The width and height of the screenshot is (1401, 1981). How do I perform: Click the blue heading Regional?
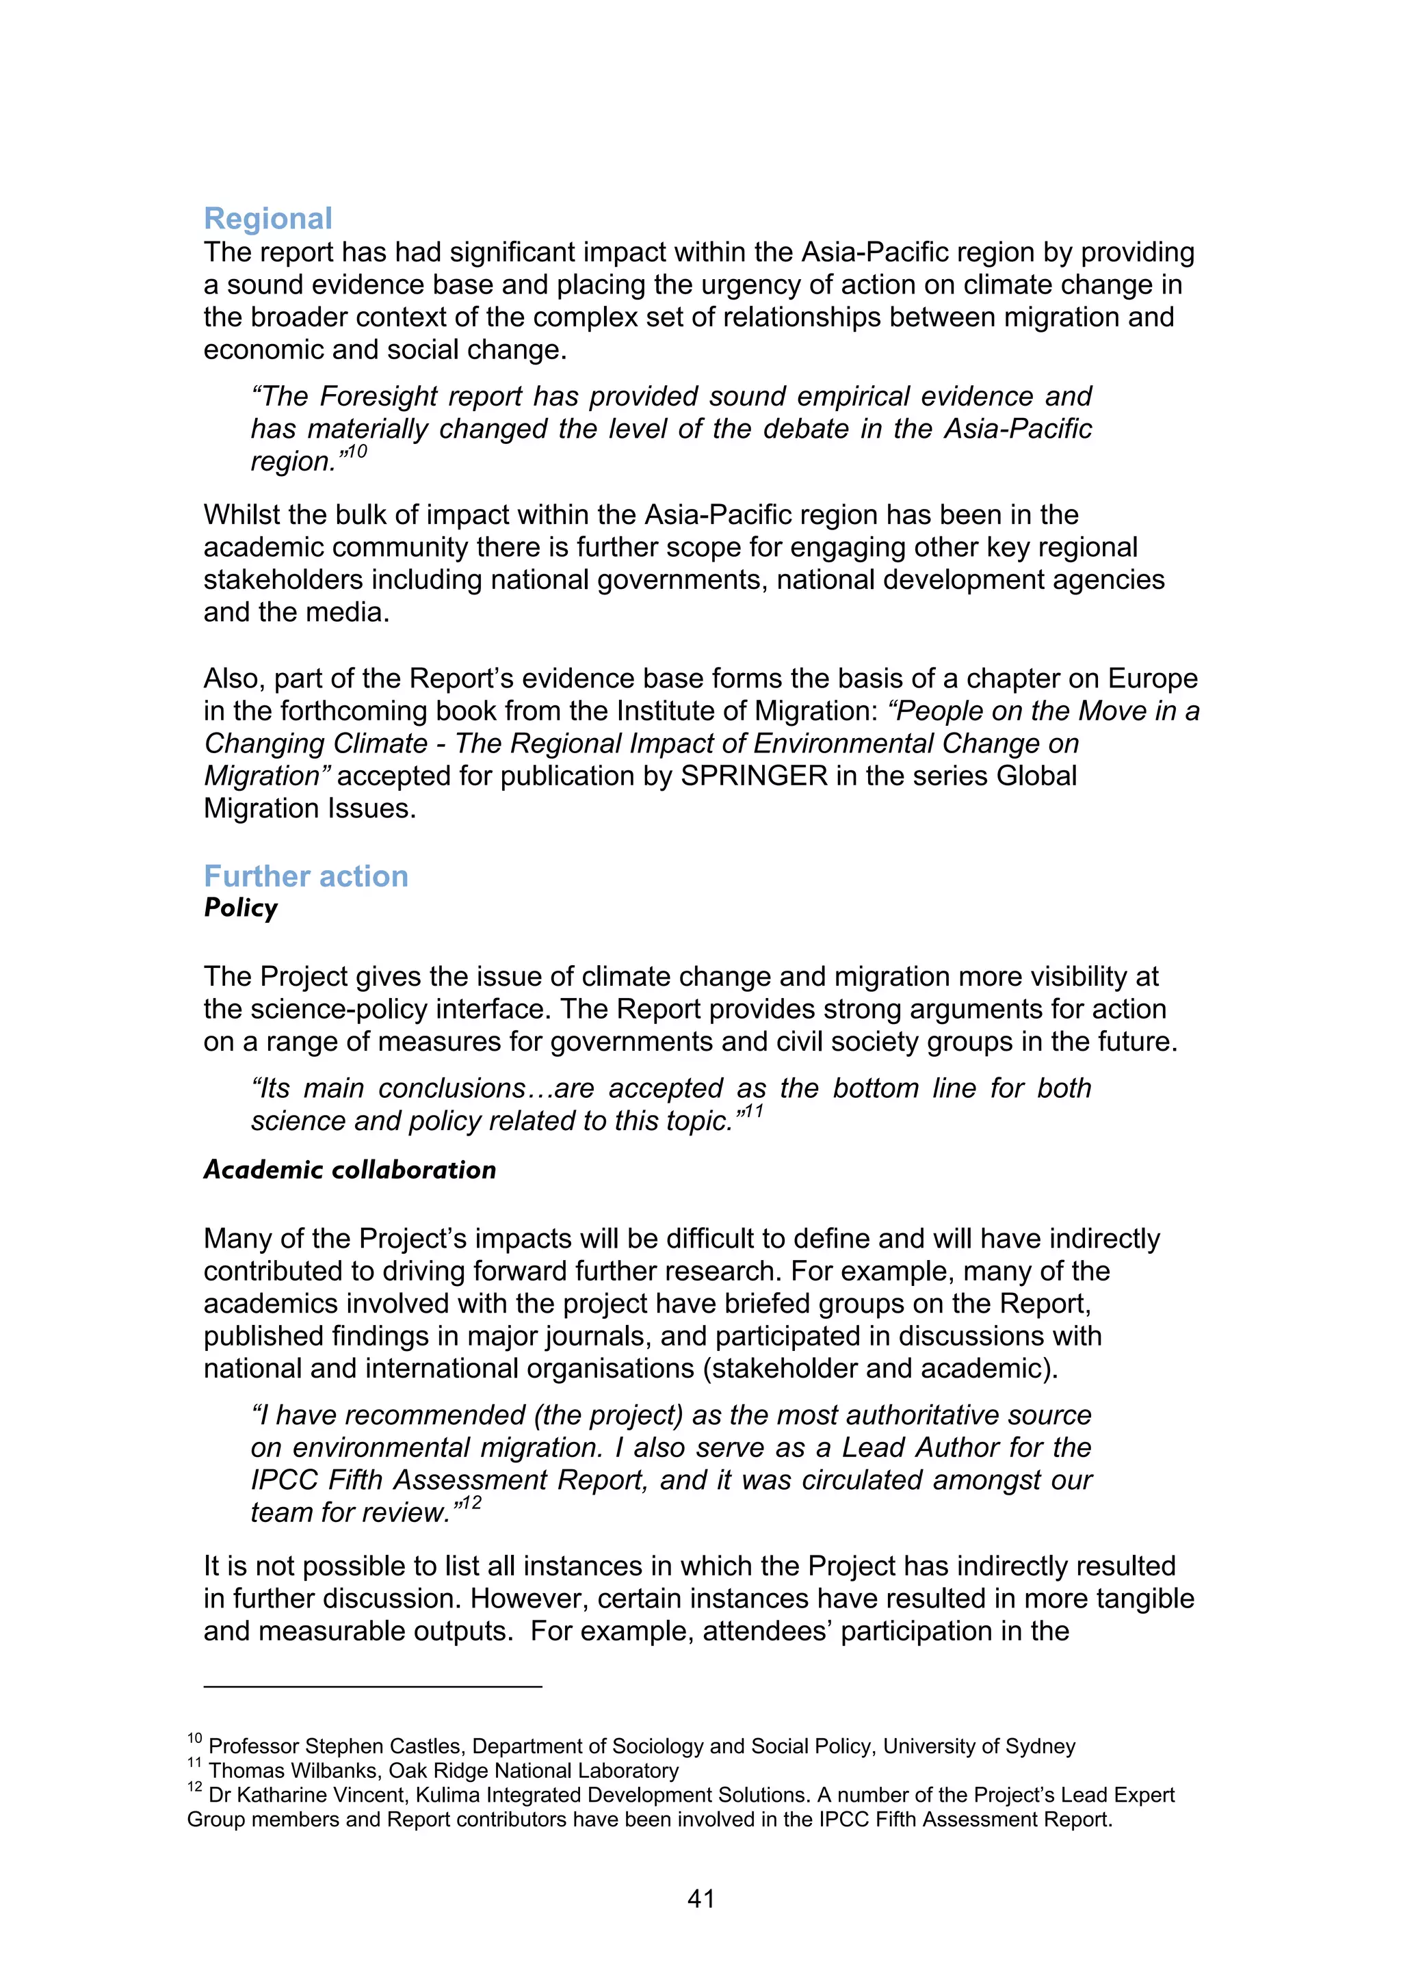(x=267, y=219)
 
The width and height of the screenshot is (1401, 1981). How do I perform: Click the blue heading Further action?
(x=305, y=877)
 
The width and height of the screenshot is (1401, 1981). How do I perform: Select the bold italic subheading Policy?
(x=241, y=908)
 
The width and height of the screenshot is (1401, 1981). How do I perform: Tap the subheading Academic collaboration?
(x=350, y=1170)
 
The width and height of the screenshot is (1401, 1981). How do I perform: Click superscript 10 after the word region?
(x=357, y=452)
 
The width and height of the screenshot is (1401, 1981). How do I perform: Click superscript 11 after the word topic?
(x=752, y=1112)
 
